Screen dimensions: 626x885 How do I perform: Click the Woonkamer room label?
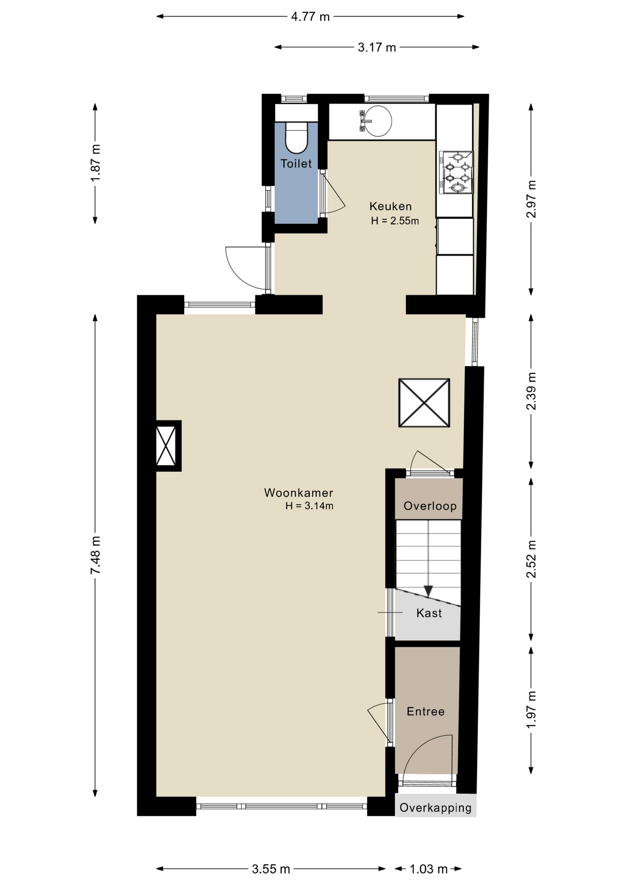coord(298,493)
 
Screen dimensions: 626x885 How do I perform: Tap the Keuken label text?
coord(390,206)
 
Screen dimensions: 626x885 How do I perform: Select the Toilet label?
coord(296,164)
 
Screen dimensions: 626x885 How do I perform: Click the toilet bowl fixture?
coord(296,137)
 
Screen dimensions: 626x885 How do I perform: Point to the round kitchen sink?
coord(378,121)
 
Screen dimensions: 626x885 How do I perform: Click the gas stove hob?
coord(456,172)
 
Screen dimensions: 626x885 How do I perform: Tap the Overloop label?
coord(430,506)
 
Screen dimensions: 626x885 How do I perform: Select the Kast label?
coord(429,613)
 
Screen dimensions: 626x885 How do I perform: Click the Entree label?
coord(425,711)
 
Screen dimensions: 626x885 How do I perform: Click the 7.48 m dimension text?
coord(95,555)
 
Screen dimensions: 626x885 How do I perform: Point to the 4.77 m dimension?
coord(310,17)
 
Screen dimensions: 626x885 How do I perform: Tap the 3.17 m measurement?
coord(377,47)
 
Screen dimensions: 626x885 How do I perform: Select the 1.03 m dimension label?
coord(429,869)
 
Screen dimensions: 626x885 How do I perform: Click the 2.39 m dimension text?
coord(531,391)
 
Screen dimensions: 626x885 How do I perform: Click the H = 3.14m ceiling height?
coord(309,506)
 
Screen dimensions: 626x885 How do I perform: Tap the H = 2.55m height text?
coord(395,221)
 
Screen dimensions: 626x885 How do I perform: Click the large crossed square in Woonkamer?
coord(424,403)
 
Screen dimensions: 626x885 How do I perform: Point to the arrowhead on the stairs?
coord(428,590)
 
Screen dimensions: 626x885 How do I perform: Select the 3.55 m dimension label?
coord(271,869)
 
